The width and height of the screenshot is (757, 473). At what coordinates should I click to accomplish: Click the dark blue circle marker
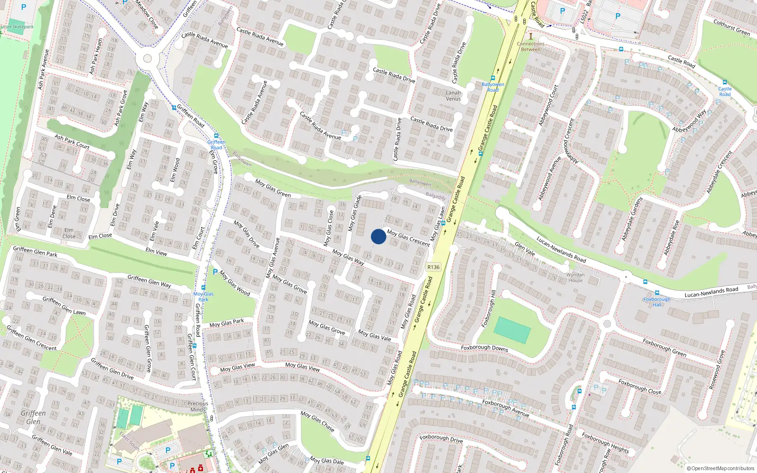pyautogui.click(x=378, y=236)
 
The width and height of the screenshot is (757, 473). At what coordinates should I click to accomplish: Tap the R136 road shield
pyautogui.click(x=433, y=267)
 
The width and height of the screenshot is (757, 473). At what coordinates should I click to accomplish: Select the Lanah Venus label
pyautogui.click(x=453, y=96)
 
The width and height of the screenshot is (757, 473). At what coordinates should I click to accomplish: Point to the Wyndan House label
pyautogui.click(x=575, y=277)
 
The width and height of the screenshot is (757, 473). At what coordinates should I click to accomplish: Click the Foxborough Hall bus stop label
pyautogui.click(x=657, y=302)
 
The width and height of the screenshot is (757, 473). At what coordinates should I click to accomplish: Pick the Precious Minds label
pyautogui.click(x=198, y=406)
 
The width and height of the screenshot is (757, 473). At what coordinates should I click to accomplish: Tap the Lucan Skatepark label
pyautogui.click(x=17, y=26)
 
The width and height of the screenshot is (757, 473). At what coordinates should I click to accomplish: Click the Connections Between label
pyautogui.click(x=530, y=46)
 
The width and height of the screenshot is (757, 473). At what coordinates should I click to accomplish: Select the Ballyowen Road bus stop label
pyautogui.click(x=493, y=87)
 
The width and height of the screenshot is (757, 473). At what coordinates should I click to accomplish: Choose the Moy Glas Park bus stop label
pyautogui.click(x=203, y=297)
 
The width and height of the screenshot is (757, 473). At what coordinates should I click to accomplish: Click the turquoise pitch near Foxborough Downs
pyautogui.click(x=512, y=330)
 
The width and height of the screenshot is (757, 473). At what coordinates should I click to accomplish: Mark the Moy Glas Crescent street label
pyautogui.click(x=408, y=237)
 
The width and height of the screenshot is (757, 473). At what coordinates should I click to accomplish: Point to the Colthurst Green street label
pyautogui.click(x=731, y=27)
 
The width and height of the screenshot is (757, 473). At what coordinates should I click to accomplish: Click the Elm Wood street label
pyautogui.click(x=175, y=170)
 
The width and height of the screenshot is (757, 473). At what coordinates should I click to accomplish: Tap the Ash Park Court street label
pyautogui.click(x=72, y=141)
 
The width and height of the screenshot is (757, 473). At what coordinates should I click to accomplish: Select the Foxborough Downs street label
pyautogui.click(x=484, y=348)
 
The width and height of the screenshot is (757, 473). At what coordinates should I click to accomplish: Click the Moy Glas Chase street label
pyautogui.click(x=317, y=421)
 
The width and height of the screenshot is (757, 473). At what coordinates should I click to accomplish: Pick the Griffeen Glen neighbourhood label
pyautogui.click(x=33, y=417)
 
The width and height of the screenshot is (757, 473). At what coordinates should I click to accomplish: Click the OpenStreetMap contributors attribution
pyautogui.click(x=721, y=468)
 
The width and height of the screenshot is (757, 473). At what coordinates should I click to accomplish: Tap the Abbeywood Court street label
pyautogui.click(x=548, y=105)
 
